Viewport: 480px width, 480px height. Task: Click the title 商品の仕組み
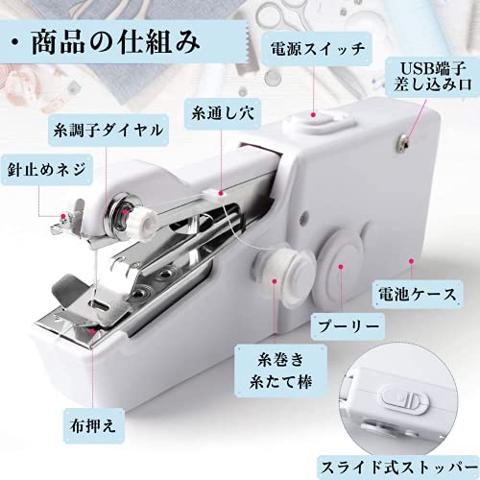click(116, 42)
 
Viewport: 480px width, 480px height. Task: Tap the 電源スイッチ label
click(318, 49)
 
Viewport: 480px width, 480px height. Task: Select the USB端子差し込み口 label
click(433, 77)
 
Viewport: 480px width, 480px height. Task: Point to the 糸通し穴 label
click(223, 113)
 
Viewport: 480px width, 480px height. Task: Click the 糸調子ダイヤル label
click(108, 131)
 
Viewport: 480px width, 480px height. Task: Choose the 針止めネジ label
click(47, 169)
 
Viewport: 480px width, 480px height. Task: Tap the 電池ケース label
click(418, 294)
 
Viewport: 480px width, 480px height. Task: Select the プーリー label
click(348, 326)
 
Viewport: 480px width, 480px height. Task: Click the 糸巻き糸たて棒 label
click(280, 371)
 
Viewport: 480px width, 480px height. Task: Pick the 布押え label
click(93, 426)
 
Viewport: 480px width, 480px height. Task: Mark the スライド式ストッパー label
click(399, 468)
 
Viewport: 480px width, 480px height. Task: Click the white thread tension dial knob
click(143, 221)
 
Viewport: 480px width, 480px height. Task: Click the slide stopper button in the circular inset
click(405, 400)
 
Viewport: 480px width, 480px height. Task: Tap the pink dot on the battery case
click(412, 261)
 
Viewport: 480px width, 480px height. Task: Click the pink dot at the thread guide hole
click(221, 193)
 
